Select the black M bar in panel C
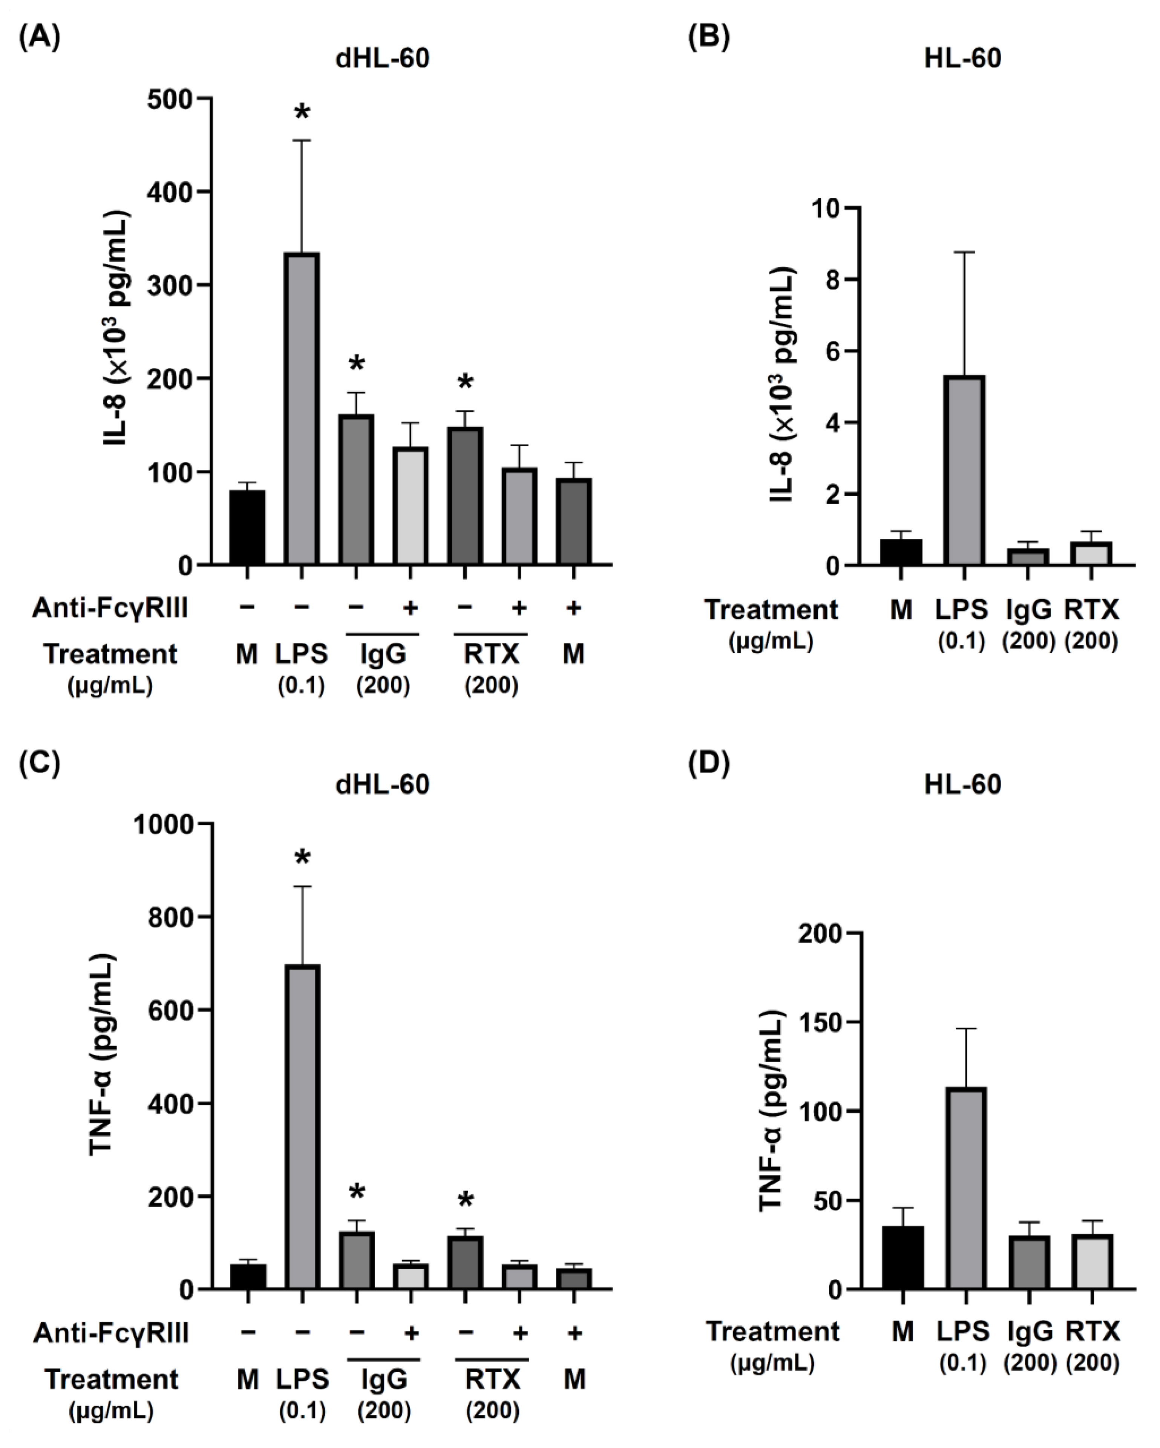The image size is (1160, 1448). click(x=248, y=1276)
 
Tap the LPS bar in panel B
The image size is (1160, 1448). click(x=964, y=470)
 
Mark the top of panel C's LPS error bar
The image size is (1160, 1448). click(x=302, y=887)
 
